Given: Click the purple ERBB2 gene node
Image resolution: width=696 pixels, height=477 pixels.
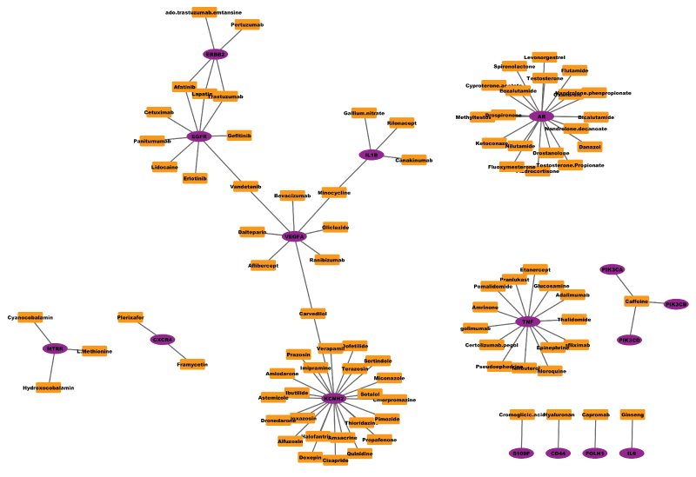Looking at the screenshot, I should [x=215, y=54].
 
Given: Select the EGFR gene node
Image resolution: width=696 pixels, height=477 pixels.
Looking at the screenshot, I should [x=199, y=136].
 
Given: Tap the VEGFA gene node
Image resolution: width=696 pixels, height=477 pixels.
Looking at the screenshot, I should [x=294, y=236].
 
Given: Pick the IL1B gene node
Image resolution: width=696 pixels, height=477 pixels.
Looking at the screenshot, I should [x=371, y=155].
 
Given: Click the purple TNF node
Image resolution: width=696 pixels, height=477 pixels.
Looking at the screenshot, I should [x=526, y=321].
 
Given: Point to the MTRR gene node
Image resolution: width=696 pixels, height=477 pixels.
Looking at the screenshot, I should [x=55, y=348].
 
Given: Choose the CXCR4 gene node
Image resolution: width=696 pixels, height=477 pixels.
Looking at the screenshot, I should [x=163, y=340].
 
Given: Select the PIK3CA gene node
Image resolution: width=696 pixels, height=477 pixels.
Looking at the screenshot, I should [x=612, y=269].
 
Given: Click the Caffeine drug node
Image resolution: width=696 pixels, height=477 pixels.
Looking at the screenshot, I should [x=637, y=301].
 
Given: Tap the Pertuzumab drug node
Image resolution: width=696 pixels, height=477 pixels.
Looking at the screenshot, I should [x=247, y=25].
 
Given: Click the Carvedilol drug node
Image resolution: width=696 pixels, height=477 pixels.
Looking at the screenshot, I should [x=313, y=313].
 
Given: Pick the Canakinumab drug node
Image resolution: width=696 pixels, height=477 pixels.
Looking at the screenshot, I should [x=413, y=160].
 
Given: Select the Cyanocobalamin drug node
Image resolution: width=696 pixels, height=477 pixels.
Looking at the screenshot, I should [x=30, y=317].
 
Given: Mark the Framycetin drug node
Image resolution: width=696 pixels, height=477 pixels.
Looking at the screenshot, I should [x=192, y=364].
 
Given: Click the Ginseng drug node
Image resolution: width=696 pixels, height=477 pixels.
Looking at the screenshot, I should [x=632, y=414].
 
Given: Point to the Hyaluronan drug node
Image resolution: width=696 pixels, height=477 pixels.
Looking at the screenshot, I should [x=559, y=414].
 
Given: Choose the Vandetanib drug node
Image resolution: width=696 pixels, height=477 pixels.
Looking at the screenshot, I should [x=245, y=186].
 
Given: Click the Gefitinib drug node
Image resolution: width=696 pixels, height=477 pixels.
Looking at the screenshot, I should [x=239, y=136].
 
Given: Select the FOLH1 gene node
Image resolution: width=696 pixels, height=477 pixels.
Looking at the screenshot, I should [x=595, y=453].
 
